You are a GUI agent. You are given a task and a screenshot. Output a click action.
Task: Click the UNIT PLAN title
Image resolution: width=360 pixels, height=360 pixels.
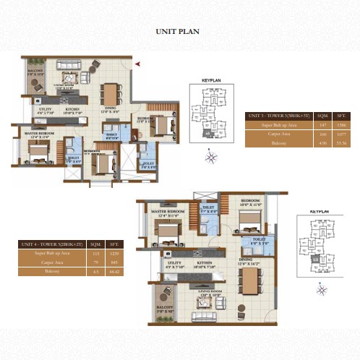(178, 32)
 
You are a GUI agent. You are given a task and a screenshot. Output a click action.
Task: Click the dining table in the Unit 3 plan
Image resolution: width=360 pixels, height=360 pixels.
(111, 93)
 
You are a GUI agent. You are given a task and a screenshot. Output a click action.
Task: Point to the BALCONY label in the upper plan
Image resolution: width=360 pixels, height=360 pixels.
(36, 70)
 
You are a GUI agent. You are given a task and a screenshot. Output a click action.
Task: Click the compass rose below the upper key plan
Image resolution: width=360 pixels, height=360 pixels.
(210, 155)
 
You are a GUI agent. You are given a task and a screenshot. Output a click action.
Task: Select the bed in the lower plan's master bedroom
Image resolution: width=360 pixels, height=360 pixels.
(166, 231)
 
